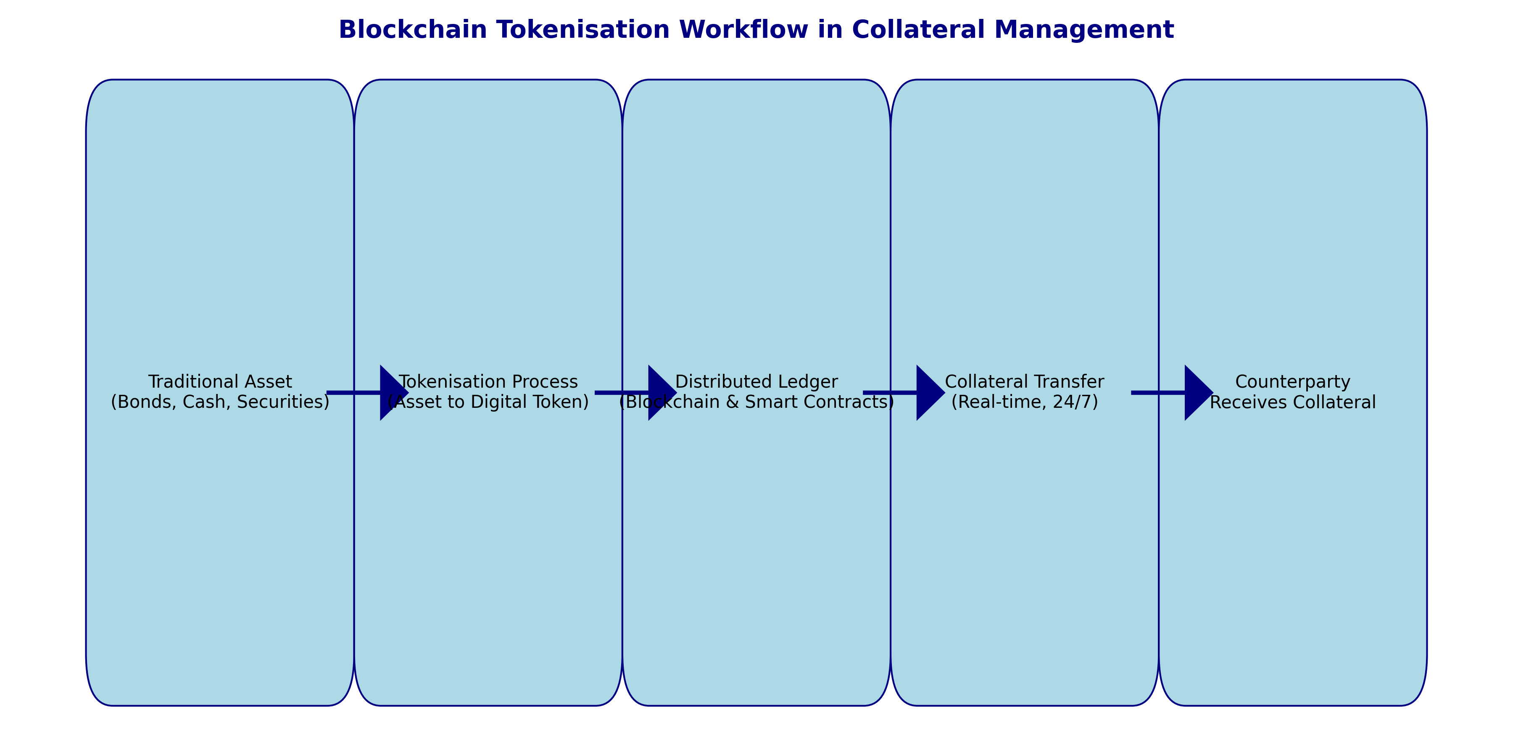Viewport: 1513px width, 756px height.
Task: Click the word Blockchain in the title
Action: click(413, 30)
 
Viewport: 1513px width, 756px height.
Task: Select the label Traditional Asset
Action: click(220, 382)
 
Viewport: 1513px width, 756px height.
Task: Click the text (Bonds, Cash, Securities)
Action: click(220, 402)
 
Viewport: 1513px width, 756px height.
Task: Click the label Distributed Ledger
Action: click(756, 382)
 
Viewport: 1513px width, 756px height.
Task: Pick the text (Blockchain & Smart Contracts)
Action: click(756, 402)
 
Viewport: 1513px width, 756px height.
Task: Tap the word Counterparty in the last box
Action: click(1293, 382)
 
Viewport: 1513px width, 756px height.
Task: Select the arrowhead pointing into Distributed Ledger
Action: click(662, 393)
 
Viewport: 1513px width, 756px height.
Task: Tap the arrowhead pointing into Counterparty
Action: click(1199, 393)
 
